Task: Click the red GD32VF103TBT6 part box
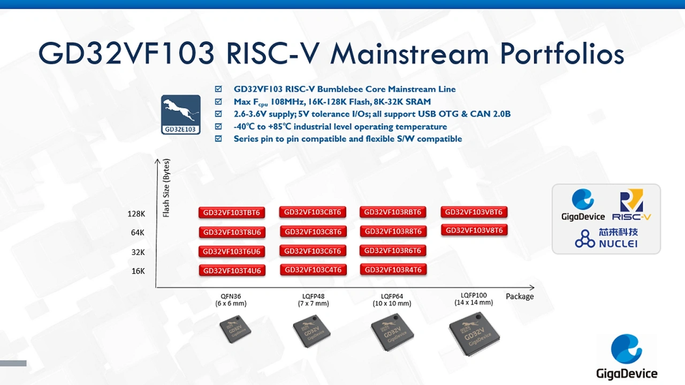[x=232, y=213]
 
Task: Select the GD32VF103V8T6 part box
[x=474, y=230]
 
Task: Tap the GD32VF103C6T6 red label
[x=313, y=251]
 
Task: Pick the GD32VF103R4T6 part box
[x=393, y=270]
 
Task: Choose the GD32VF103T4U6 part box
[x=232, y=270]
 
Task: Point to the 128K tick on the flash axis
[x=136, y=214]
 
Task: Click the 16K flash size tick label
[x=138, y=271]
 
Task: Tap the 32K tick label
[x=138, y=252]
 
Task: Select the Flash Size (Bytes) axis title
[x=166, y=188]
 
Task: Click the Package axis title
[x=520, y=296]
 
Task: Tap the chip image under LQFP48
[x=311, y=331]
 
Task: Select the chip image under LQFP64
[x=392, y=332]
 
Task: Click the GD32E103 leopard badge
[x=181, y=115]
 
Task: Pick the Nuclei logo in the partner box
[x=606, y=238]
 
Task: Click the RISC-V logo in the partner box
[x=631, y=205]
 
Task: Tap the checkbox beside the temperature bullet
[x=218, y=126]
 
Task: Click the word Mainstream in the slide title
[x=409, y=54]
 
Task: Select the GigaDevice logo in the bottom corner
[x=627, y=357]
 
